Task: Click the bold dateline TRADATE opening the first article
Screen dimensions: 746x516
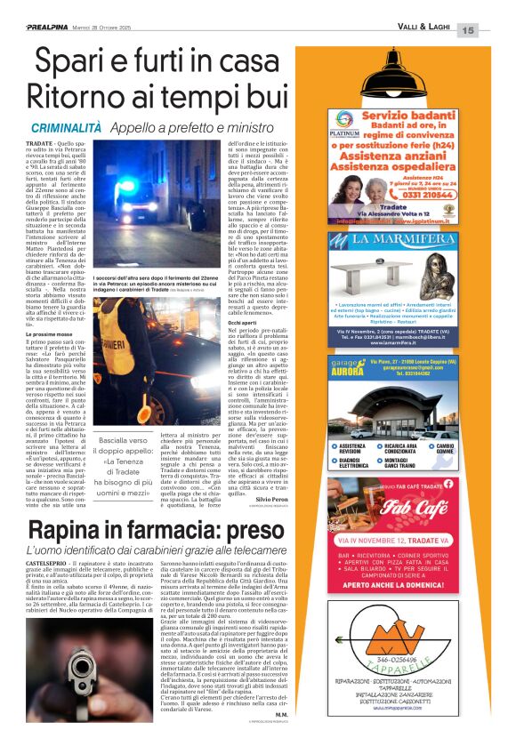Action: [39, 144]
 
